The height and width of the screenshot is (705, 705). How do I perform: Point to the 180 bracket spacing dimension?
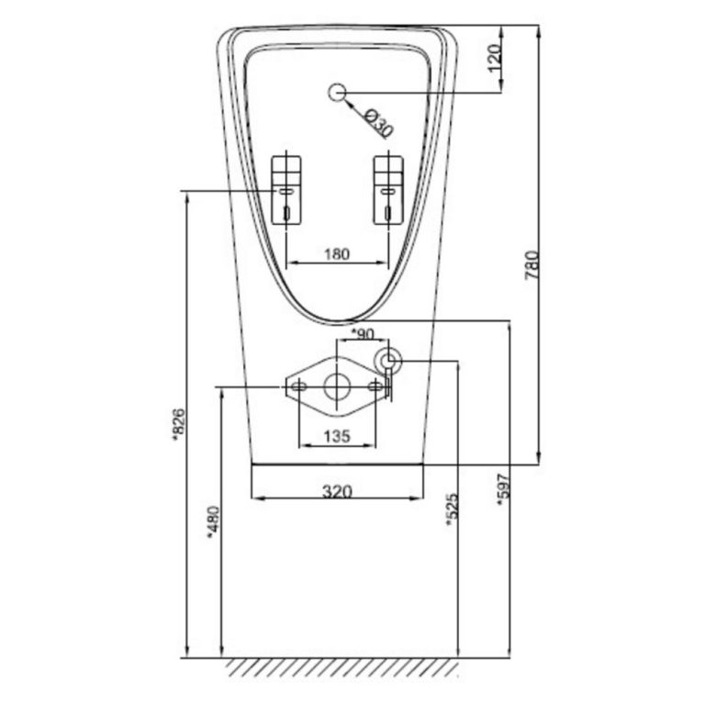pyautogui.click(x=337, y=254)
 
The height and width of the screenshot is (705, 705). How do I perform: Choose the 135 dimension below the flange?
pyautogui.click(x=337, y=437)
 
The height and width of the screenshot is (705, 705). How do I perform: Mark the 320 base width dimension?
pyautogui.click(x=337, y=491)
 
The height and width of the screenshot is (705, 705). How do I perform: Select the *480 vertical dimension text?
pyautogui.click(x=213, y=524)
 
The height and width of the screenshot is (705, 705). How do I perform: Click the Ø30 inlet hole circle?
pyautogui.click(x=337, y=92)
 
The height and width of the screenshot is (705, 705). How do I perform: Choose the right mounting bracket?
pyautogui.click(x=389, y=189)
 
